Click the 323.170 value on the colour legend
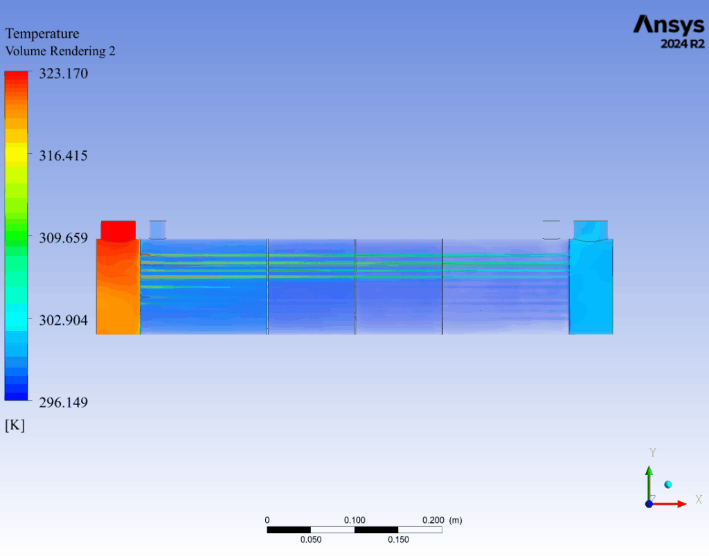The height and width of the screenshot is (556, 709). tap(63, 73)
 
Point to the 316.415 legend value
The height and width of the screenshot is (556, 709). tap(63, 156)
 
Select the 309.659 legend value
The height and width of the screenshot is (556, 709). tap(63, 237)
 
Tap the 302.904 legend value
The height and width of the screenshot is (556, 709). tap(63, 320)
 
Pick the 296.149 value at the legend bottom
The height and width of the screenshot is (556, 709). tap(63, 402)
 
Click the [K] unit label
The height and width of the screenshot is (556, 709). tap(15, 425)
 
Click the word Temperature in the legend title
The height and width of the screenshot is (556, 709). tap(42, 34)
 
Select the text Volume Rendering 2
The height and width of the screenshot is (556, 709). tap(60, 51)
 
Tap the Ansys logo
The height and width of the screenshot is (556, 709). tap(669, 26)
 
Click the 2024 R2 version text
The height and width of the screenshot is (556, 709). tap(683, 44)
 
